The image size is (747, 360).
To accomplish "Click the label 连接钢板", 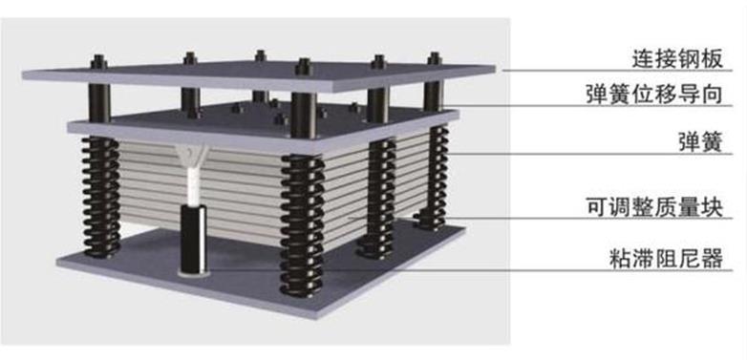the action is click(677, 59).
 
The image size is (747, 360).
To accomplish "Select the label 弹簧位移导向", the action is click(654, 94).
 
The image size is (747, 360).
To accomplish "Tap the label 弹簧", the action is click(700, 142).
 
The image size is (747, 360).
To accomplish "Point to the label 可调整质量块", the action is click(654, 207).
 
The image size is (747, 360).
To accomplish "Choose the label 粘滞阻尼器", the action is click(666, 259).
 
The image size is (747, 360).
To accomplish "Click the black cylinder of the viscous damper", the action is click(193, 238).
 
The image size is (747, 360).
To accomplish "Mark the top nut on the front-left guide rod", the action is click(98, 62).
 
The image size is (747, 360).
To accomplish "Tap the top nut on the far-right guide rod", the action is click(434, 58).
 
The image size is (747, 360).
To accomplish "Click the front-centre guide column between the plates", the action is click(304, 115).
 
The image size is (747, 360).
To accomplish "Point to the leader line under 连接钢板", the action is click(618, 71).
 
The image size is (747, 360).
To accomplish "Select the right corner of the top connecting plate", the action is click(496, 68).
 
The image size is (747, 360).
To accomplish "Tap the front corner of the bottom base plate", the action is click(305, 318).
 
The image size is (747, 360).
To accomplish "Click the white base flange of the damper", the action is click(193, 273).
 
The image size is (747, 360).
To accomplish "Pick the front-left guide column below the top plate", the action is click(99, 103).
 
